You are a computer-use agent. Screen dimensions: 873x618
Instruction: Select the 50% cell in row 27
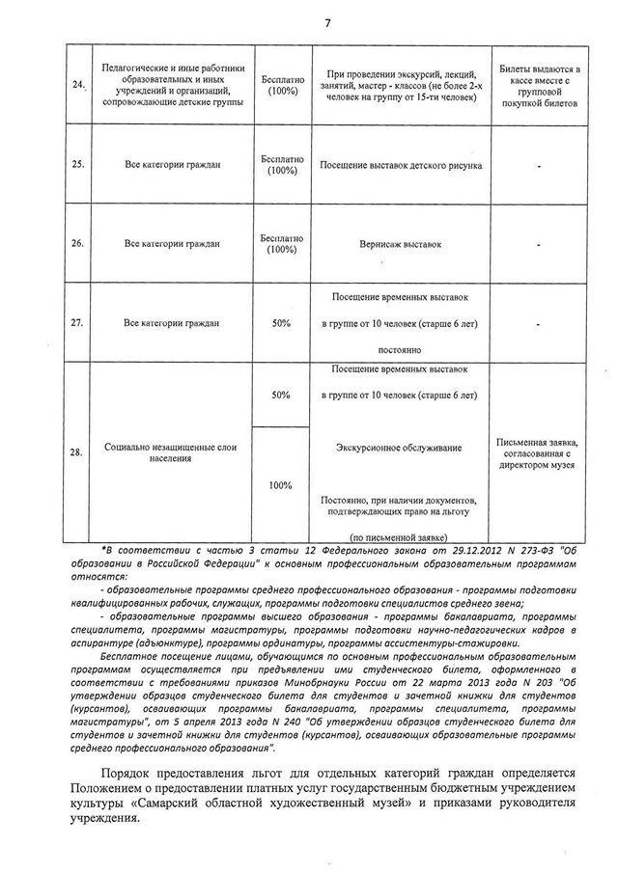(282, 322)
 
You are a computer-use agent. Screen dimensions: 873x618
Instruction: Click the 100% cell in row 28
(282, 484)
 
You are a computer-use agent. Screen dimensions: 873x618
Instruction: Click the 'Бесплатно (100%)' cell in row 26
(282, 244)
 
